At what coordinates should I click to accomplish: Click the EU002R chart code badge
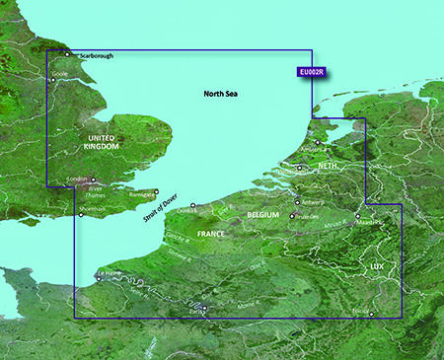tap(312, 71)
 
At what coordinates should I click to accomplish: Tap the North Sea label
tap(222, 94)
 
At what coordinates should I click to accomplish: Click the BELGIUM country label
tap(263, 214)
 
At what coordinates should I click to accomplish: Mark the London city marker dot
tap(91, 181)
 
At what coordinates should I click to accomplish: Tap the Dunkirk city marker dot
tap(193, 205)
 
